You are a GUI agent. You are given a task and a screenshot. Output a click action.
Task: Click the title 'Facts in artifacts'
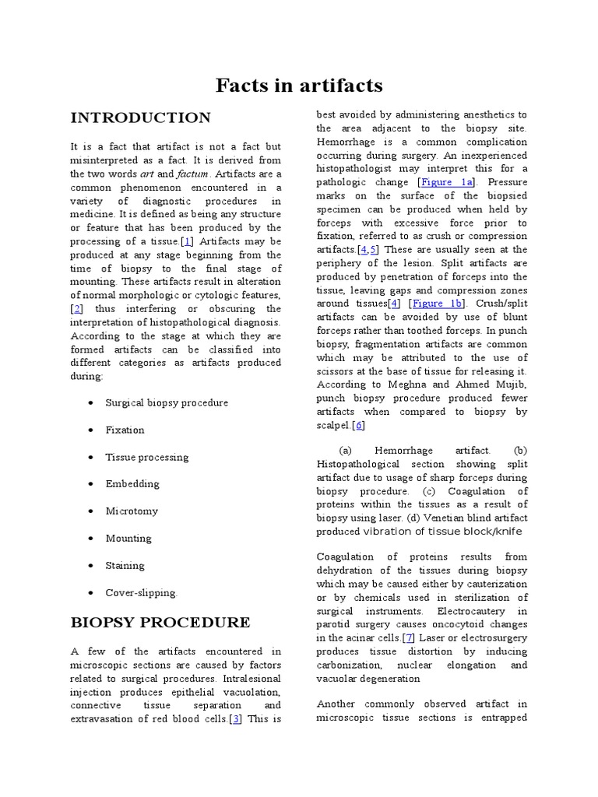pyautogui.click(x=299, y=86)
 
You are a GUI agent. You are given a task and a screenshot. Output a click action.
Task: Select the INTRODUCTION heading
pyautogui.click(x=140, y=118)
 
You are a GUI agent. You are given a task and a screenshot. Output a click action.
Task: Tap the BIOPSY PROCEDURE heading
pyautogui.click(x=160, y=623)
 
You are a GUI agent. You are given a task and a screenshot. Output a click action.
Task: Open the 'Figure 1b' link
pyautogui.click(x=438, y=304)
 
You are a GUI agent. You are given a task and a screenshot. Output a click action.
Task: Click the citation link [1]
pyautogui.click(x=187, y=241)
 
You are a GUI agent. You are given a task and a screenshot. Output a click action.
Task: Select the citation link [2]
pyautogui.click(x=76, y=309)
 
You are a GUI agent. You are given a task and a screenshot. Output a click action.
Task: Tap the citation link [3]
pyautogui.click(x=234, y=718)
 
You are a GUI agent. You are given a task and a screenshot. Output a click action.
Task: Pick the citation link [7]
pyautogui.click(x=409, y=637)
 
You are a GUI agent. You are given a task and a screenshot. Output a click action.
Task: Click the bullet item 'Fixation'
pyautogui.click(x=125, y=430)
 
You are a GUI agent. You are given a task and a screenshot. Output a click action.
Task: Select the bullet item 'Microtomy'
pyautogui.click(x=132, y=511)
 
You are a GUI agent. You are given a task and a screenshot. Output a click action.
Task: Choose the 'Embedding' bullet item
pyautogui.click(x=132, y=483)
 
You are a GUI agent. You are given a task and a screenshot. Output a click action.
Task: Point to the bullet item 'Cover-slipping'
pyautogui.click(x=141, y=592)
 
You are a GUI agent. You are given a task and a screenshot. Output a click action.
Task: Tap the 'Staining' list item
pyautogui.click(x=125, y=565)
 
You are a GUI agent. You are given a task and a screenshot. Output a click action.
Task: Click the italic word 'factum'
pyautogui.click(x=194, y=174)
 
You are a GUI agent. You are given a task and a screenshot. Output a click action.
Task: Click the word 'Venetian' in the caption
pyautogui.click(x=473, y=518)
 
